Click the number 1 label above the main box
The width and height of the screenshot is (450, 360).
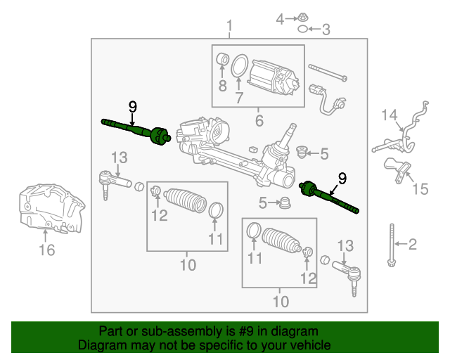tap(229, 28)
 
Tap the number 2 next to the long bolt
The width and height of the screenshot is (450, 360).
tap(413, 245)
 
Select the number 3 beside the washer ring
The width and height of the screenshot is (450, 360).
tap(326, 30)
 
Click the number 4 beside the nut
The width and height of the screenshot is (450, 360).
tap(280, 18)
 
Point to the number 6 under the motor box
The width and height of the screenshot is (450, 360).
tap(258, 121)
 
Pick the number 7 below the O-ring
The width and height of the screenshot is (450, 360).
tap(239, 98)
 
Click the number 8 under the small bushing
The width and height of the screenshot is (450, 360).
tap(222, 86)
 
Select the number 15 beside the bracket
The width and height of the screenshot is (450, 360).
tap(420, 188)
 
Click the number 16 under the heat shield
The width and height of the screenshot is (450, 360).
tap(46, 250)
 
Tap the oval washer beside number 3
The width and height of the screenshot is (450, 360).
tap(302, 30)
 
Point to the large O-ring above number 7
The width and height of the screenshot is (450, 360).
tap(239, 66)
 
